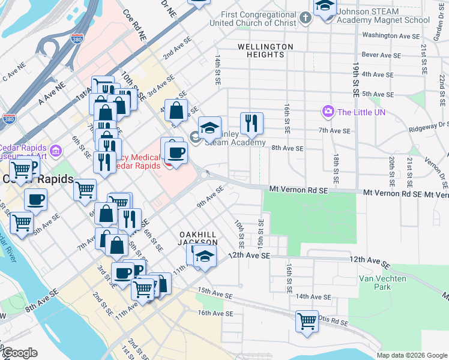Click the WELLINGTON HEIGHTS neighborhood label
(x=265, y=50)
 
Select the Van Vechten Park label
(x=382, y=283)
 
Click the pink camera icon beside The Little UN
(x=328, y=112)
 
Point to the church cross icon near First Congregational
(x=306, y=17)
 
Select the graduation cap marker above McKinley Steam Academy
(x=209, y=127)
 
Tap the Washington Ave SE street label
(x=391, y=36)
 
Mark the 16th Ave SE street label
(x=215, y=313)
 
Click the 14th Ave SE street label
(x=313, y=296)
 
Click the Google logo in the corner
(x=20, y=352)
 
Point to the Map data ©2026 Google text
(x=411, y=355)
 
